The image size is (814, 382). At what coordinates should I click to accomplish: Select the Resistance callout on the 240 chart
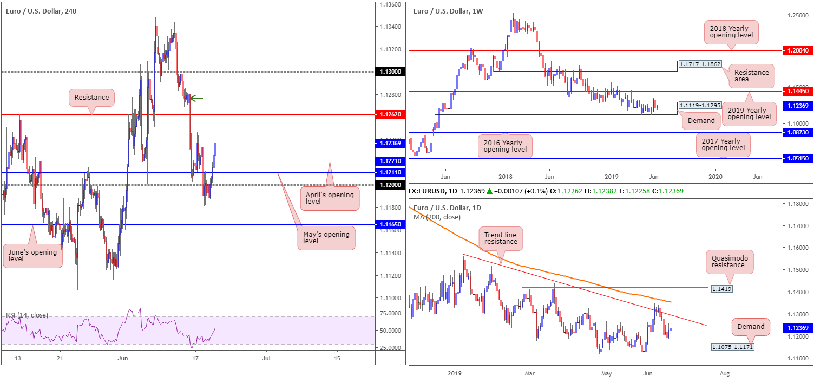[91, 98]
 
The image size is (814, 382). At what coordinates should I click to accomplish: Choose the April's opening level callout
[329, 198]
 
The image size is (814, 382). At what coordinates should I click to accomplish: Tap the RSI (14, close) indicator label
[27, 315]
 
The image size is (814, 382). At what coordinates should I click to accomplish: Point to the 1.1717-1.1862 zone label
[700, 64]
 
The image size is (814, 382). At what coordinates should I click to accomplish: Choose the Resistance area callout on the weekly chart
[751, 75]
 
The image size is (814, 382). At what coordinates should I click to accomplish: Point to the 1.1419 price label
[721, 289]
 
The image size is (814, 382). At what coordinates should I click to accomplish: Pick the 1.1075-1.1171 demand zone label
[731, 346]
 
